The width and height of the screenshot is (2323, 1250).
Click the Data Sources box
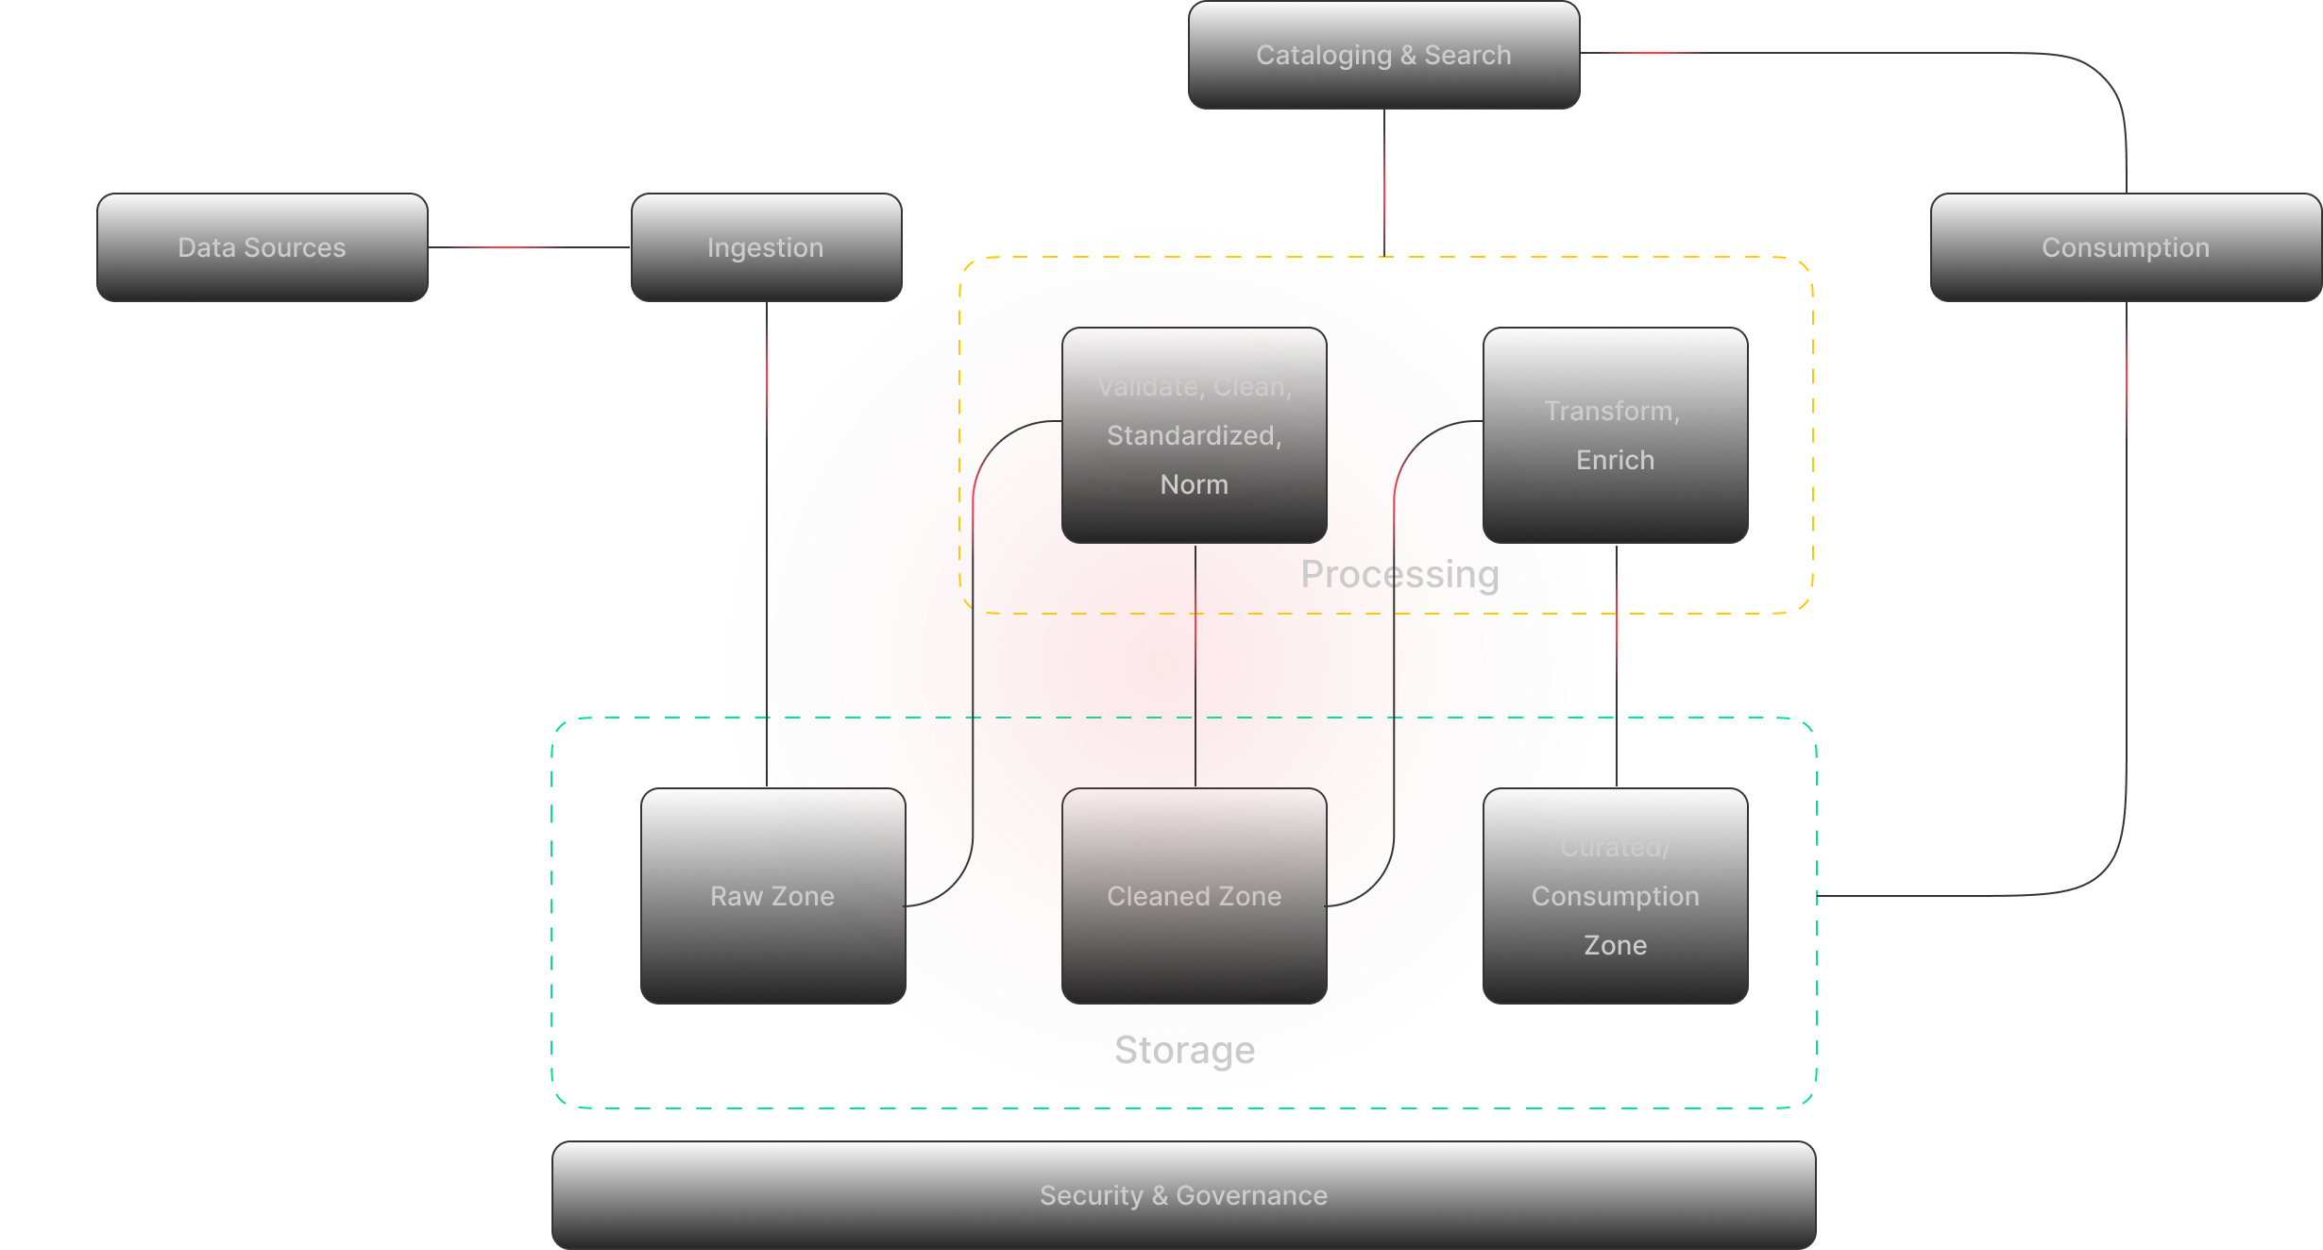(x=262, y=247)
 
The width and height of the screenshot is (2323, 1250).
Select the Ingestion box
(x=766, y=247)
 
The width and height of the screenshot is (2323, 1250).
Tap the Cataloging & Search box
(x=1383, y=55)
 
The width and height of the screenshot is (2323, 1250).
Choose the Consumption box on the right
(x=2125, y=247)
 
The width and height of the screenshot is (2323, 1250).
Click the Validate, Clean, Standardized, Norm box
(x=1194, y=435)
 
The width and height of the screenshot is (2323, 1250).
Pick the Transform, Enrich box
(x=1615, y=435)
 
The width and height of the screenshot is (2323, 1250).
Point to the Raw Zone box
(x=772, y=896)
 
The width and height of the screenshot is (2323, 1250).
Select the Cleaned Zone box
(x=1194, y=896)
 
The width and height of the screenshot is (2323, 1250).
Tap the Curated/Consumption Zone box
(x=1615, y=896)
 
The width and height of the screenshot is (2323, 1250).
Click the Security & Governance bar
(x=1183, y=1195)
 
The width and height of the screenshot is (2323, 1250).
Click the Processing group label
(x=1399, y=574)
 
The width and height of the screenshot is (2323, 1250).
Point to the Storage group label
(x=1184, y=1050)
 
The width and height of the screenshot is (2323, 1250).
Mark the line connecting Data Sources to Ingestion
(x=529, y=247)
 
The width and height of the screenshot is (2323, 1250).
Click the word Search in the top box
(x=1467, y=55)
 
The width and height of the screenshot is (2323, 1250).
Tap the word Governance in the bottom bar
(x=1251, y=1195)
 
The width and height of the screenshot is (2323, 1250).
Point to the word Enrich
(x=1615, y=460)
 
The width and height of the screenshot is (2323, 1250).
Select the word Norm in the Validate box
(x=1194, y=484)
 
